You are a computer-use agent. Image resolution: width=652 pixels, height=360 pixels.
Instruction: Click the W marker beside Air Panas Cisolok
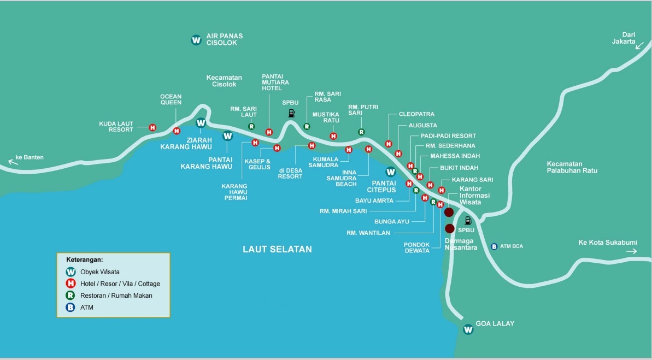(x=196, y=40)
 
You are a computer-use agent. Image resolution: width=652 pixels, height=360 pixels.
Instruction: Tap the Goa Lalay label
(x=495, y=323)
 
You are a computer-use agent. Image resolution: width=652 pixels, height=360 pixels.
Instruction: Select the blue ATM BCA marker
(x=494, y=246)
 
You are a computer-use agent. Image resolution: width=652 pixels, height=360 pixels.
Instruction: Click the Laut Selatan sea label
(x=277, y=249)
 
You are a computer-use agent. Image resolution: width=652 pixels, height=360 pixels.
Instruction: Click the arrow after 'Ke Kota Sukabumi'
(x=632, y=251)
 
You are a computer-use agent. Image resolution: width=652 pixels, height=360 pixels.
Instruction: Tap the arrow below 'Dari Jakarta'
(x=638, y=47)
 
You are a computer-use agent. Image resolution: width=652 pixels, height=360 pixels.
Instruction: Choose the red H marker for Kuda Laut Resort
(x=153, y=127)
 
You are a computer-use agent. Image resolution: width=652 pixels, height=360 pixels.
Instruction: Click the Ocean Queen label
(x=171, y=99)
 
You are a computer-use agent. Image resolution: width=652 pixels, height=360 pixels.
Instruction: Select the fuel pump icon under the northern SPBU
(x=291, y=114)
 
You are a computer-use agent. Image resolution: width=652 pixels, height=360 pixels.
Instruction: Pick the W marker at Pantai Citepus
(x=390, y=171)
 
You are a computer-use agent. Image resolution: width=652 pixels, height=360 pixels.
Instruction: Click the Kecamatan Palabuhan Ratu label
(x=572, y=167)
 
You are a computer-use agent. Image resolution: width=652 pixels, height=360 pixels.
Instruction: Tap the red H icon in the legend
(x=70, y=284)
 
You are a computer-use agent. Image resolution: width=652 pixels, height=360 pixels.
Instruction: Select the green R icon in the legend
(x=70, y=296)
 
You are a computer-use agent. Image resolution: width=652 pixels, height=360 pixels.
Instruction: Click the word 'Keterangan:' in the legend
(x=84, y=259)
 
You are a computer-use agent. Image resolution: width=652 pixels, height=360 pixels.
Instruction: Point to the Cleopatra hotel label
(x=416, y=114)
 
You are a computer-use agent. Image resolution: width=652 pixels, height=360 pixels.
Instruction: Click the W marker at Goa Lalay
(x=468, y=329)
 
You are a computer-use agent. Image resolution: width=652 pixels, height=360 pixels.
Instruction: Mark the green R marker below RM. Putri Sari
(x=361, y=132)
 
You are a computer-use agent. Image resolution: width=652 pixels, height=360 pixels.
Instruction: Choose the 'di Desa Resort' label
(x=290, y=173)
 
